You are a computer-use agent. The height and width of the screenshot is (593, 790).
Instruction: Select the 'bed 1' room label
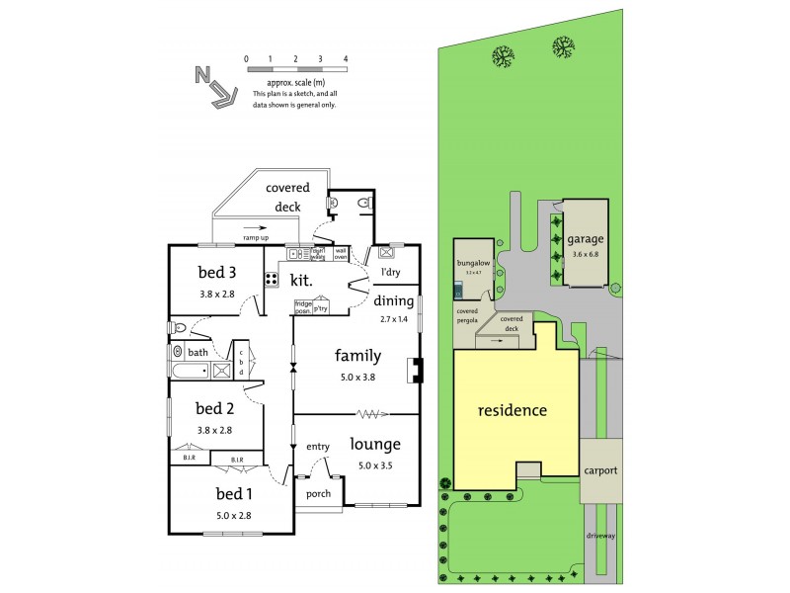click(x=235, y=493)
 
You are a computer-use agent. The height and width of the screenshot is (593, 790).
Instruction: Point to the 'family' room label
click(x=357, y=356)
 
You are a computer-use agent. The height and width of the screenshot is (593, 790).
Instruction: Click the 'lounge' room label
click(x=375, y=444)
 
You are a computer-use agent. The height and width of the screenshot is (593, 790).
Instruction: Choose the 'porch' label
click(x=319, y=493)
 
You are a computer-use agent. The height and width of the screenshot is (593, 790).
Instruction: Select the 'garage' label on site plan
click(x=586, y=239)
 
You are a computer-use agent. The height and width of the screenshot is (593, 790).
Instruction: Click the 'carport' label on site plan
click(x=600, y=470)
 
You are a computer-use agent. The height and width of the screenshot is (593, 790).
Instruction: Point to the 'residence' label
click(x=513, y=410)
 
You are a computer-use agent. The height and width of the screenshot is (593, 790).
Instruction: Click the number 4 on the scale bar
click(x=346, y=59)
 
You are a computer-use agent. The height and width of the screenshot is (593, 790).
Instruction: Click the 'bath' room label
click(x=198, y=352)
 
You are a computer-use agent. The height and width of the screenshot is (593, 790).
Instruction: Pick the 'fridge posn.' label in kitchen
click(x=303, y=307)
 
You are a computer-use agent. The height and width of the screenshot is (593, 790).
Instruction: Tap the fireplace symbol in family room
click(x=417, y=370)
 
